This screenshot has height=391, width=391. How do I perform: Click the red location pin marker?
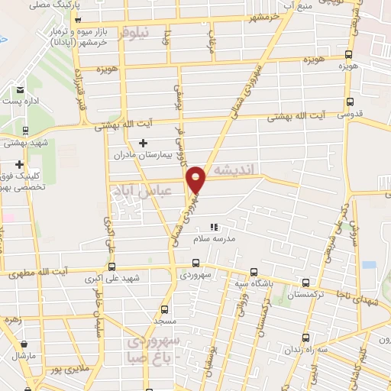point(197,179)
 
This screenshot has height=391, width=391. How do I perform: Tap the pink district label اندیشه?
point(238,167)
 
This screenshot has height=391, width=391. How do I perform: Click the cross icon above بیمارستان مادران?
point(143,143)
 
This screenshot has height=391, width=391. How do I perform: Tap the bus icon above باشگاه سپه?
point(254,271)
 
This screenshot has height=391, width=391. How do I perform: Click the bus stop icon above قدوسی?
point(350,102)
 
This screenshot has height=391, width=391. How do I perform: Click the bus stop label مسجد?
point(164,322)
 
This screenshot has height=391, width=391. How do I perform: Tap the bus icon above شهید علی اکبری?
point(113,267)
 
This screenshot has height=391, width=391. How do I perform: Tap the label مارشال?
point(24,356)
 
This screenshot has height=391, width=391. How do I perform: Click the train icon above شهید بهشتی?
point(25,130)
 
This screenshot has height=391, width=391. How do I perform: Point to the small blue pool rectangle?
point(370,264)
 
